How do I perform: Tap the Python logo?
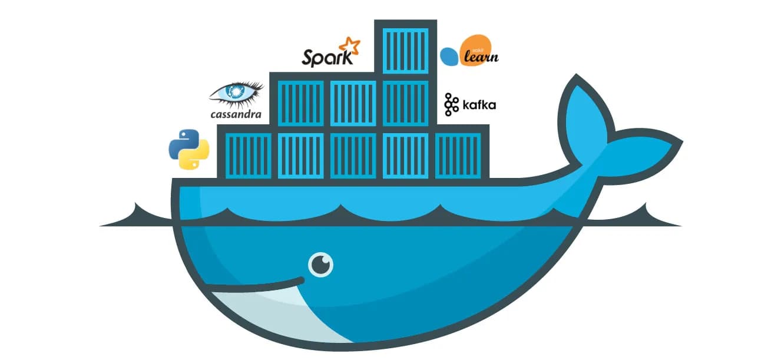point(189,150)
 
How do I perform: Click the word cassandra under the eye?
point(236,114)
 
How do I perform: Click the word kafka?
point(479,105)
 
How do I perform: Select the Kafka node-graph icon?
point(451,104)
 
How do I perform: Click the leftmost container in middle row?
point(300,103)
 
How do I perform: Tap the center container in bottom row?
point(353,155)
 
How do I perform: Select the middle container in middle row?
point(353,103)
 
